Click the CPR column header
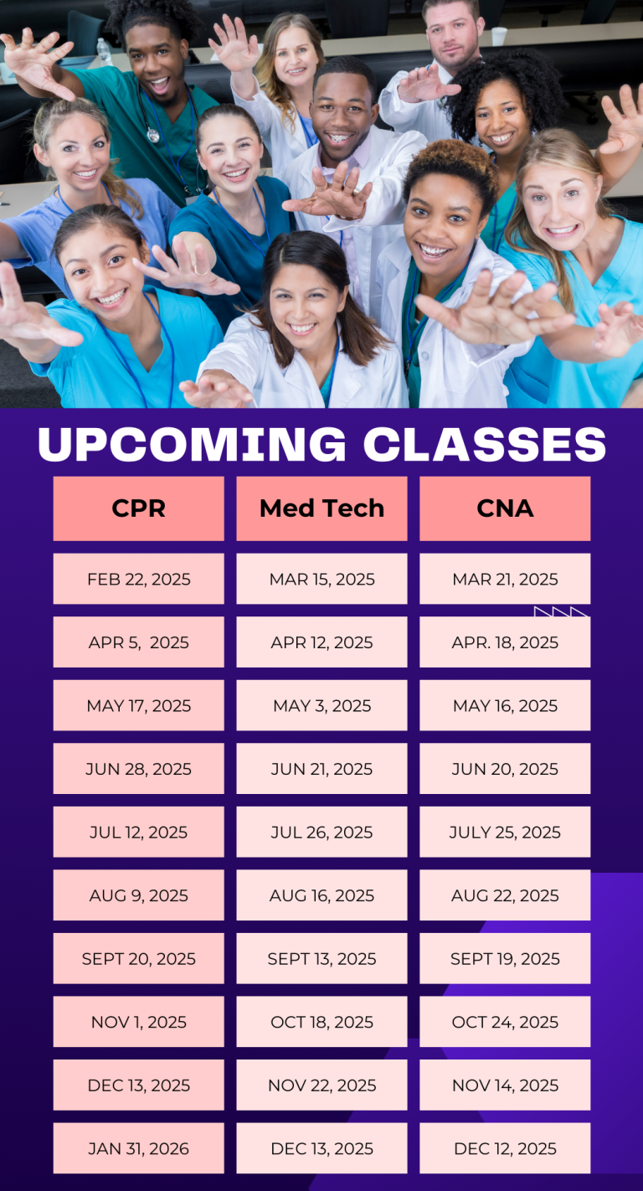point(139,508)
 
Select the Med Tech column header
point(322,508)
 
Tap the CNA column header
point(505,508)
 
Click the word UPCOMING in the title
point(192,445)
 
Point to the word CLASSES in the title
point(485,445)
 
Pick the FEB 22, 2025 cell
point(139,579)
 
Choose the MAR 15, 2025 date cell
point(322,579)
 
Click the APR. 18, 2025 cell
point(505,642)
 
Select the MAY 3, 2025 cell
point(322,705)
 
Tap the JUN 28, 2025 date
point(139,768)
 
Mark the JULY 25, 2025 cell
point(505,832)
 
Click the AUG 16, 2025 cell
point(322,895)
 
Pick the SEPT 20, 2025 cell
point(139,958)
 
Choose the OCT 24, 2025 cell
point(505,1021)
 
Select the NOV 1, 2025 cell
point(139,1021)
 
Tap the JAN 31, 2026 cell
point(139,1148)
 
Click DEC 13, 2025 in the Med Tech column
point(322,1148)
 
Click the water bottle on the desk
point(104,52)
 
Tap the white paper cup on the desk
point(499,36)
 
